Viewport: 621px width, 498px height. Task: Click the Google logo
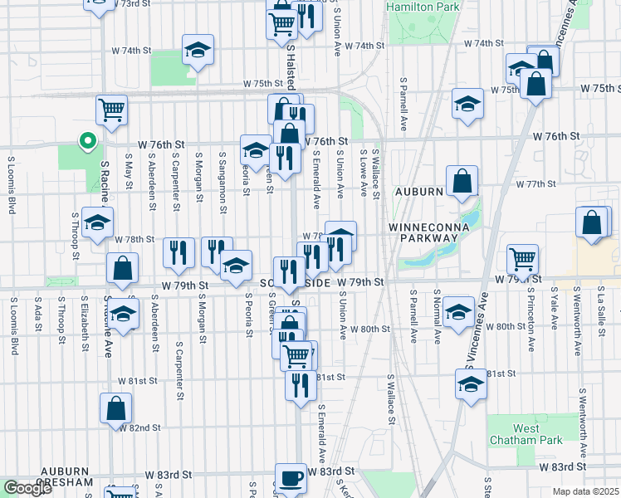[x=27, y=488]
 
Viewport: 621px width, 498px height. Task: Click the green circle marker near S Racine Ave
[x=86, y=140]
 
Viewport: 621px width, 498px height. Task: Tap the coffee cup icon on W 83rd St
[x=291, y=479]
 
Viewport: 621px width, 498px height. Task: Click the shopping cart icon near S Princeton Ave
[x=522, y=259]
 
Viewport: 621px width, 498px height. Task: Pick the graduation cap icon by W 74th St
[x=198, y=51]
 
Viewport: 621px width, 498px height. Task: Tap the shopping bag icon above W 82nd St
[x=115, y=407]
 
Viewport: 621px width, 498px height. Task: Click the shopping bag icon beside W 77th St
[x=462, y=181]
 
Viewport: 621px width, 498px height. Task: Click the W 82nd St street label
[x=139, y=427]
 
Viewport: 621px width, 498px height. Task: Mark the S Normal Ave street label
[x=437, y=315]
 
